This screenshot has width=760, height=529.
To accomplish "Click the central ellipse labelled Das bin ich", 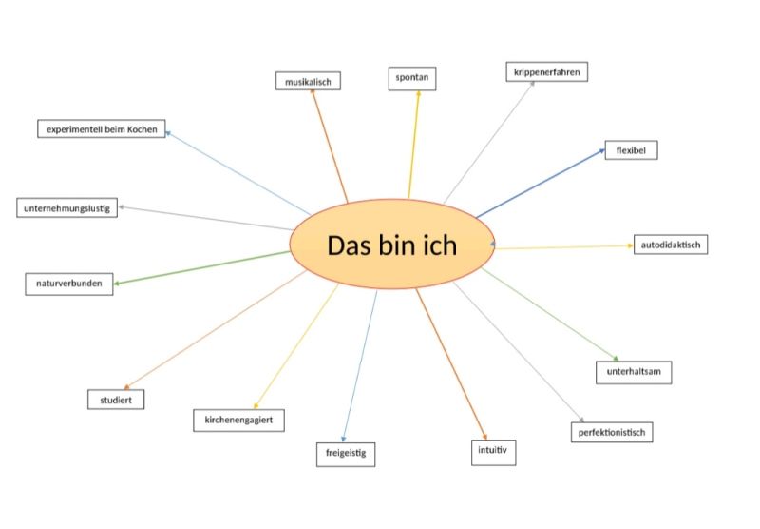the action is point(392,245).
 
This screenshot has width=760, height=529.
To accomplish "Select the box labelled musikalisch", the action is point(308,81).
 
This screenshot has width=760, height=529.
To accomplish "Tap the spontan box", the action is point(412,79).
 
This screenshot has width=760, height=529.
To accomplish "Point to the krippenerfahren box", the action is point(547,71).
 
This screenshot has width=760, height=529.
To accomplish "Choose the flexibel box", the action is point(631,150).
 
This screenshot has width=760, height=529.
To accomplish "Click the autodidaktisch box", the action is point(671,245).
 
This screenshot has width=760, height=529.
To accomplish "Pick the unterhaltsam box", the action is point(634,372).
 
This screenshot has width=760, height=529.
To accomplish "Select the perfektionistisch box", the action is point(612,432).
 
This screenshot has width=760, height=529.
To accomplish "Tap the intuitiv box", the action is point(493,452).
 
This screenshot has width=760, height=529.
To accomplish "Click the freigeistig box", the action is point(346,454).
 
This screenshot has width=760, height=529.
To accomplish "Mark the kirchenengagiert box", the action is point(238,421).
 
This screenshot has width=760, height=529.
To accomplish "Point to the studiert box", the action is point(116,400).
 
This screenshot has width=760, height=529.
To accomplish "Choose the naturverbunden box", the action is point(68,284).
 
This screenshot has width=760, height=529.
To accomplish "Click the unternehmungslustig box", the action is point(66,207).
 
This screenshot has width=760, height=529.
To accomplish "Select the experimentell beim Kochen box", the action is point(102,128).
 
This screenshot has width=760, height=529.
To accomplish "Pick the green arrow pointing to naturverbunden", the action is point(201,267).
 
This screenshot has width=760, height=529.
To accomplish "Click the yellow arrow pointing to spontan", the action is point(414,144).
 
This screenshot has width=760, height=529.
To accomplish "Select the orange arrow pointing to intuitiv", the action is point(451,364).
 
